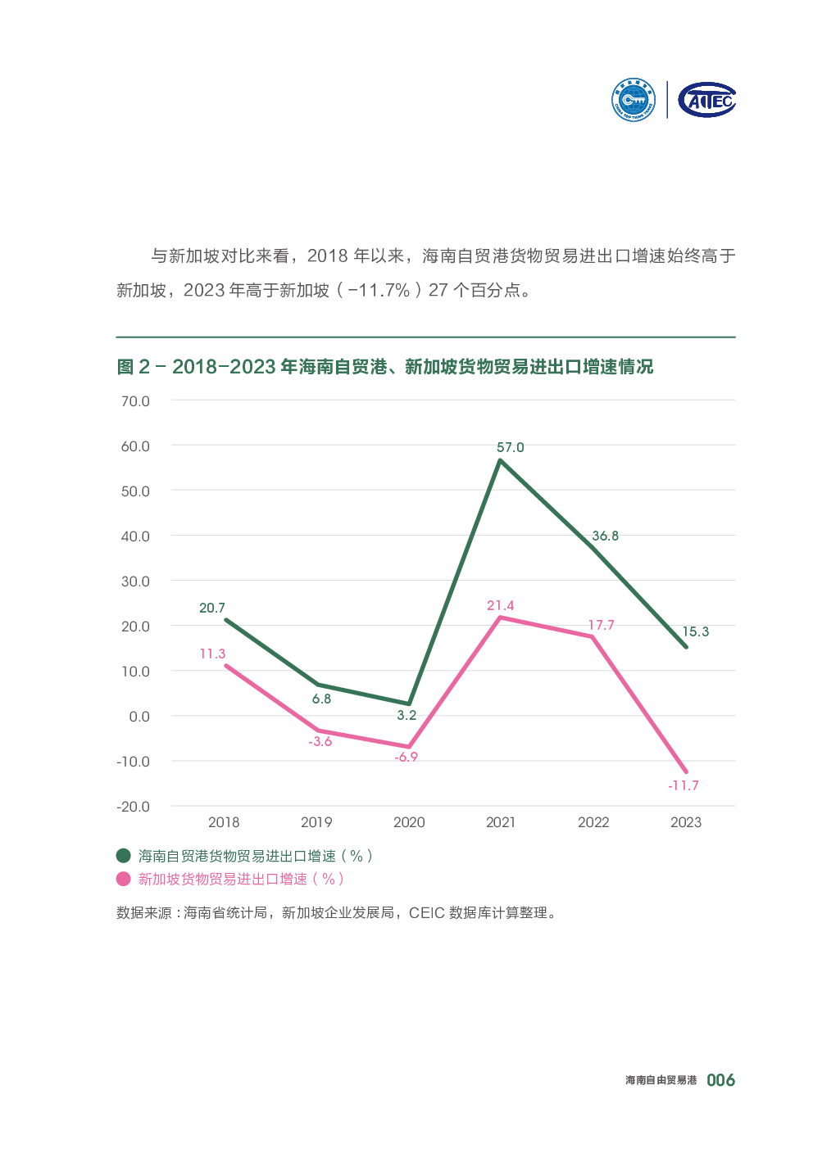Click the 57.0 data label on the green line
pyautogui.click(x=510, y=447)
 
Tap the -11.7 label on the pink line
pyautogui.click(x=684, y=785)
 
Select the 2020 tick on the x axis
pyautogui.click(x=409, y=822)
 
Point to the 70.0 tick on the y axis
pyautogui.click(x=135, y=401)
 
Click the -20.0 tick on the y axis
pyautogui.click(x=134, y=806)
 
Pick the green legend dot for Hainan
pyautogui.click(x=124, y=856)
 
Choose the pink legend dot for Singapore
pyautogui.click(x=124, y=879)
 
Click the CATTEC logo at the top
pyautogui.click(x=707, y=100)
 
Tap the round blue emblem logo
pyautogui.click(x=634, y=100)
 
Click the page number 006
pyautogui.click(x=721, y=1080)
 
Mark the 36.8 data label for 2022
pyautogui.click(x=606, y=536)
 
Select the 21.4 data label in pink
pyautogui.click(x=501, y=605)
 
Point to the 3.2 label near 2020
pyautogui.click(x=406, y=715)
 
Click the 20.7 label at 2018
pyautogui.click(x=212, y=608)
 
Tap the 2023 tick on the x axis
pyautogui.click(x=686, y=822)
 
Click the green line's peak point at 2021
pyautogui.click(x=500, y=460)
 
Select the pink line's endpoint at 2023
pyautogui.click(x=685, y=771)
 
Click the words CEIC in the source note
pyautogui.click(x=426, y=912)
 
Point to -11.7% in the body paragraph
pyautogui.click(x=379, y=290)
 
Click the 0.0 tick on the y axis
pyautogui.click(x=139, y=716)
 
